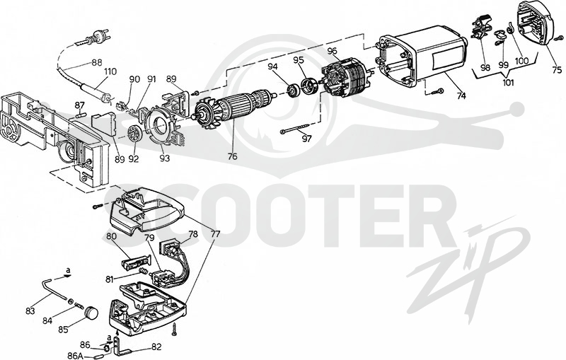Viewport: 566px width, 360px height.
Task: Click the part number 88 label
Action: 96,62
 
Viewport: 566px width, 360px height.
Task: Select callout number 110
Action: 110,71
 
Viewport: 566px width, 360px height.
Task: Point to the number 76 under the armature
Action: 233,156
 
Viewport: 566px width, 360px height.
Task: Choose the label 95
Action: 299,60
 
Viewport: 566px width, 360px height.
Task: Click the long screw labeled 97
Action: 294,129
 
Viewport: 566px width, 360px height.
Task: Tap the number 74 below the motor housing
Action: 461,95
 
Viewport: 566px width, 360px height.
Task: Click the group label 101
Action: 508,82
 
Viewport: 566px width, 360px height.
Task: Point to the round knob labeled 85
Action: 91,312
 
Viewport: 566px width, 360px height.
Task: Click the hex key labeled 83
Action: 54,289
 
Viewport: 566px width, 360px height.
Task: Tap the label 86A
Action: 76,356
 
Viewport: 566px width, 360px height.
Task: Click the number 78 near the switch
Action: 193,233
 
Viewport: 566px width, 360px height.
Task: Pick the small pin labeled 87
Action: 81,115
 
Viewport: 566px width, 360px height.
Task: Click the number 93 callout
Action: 165,158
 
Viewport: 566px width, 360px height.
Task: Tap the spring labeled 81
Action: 144,271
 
